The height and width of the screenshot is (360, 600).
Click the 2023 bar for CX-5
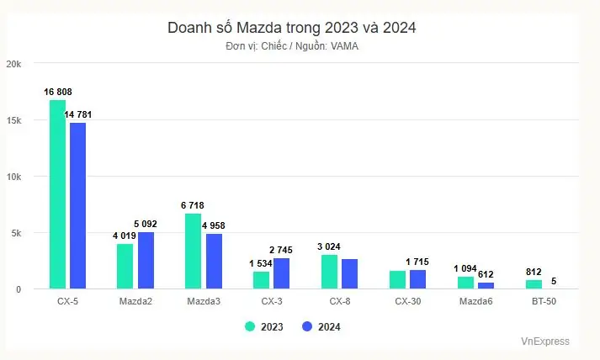tap(57, 194)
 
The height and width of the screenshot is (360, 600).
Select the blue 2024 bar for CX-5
tap(77, 206)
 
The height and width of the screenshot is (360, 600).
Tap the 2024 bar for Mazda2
tap(146, 260)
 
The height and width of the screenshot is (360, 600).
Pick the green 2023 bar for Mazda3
tap(193, 251)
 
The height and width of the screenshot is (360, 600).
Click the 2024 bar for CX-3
tap(282, 273)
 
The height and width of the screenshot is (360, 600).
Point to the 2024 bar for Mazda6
tap(486, 286)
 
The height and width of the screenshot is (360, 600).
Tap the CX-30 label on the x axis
tap(408, 301)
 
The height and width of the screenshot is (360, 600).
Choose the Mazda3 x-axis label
tap(203, 301)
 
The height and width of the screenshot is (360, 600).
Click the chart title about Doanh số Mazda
tap(292, 28)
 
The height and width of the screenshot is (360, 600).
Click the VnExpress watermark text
tap(544, 341)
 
